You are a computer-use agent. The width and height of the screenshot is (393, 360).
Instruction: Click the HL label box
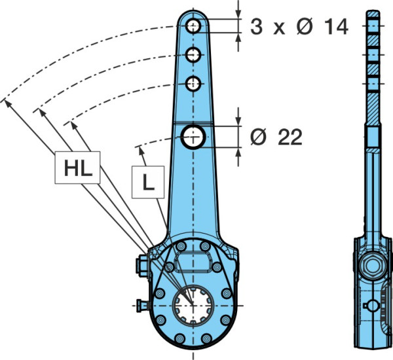pyautogui.click(x=77, y=168)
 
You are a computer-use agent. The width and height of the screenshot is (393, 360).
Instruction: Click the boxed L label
pyautogui.click(x=148, y=182)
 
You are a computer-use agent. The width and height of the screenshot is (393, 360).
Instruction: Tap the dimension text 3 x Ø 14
pyautogui.click(x=299, y=27)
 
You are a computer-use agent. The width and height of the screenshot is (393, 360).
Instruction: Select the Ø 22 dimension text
pyautogui.click(x=276, y=137)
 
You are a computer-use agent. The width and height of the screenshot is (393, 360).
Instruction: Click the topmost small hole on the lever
pyautogui.click(x=193, y=26)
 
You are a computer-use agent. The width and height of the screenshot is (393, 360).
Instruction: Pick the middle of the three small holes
pyautogui.click(x=193, y=55)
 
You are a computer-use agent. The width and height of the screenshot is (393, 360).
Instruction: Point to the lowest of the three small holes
pyautogui.click(x=193, y=84)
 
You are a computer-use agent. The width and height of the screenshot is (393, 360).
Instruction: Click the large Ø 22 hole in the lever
pyautogui.click(x=193, y=137)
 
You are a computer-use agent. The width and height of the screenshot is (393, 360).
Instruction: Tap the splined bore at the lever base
pyautogui.click(x=193, y=306)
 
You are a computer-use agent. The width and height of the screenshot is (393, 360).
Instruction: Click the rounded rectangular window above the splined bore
pyautogui.click(x=193, y=262)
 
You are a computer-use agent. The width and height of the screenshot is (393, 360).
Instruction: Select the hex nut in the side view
pyautogui.click(x=373, y=266)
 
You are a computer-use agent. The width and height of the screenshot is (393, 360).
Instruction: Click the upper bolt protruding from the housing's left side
pyautogui.click(x=142, y=266)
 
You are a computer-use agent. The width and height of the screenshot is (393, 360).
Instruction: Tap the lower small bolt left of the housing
pyautogui.click(x=142, y=306)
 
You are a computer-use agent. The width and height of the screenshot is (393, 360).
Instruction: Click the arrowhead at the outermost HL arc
pyautogui.click(x=8, y=103)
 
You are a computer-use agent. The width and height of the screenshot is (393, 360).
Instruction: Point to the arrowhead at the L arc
pyautogui.click(x=141, y=151)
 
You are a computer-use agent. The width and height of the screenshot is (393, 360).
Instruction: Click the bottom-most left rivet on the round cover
pyautogui.click(x=179, y=338)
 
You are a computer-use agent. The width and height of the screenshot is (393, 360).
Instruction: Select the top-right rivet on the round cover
pyautogui.click(x=205, y=246)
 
